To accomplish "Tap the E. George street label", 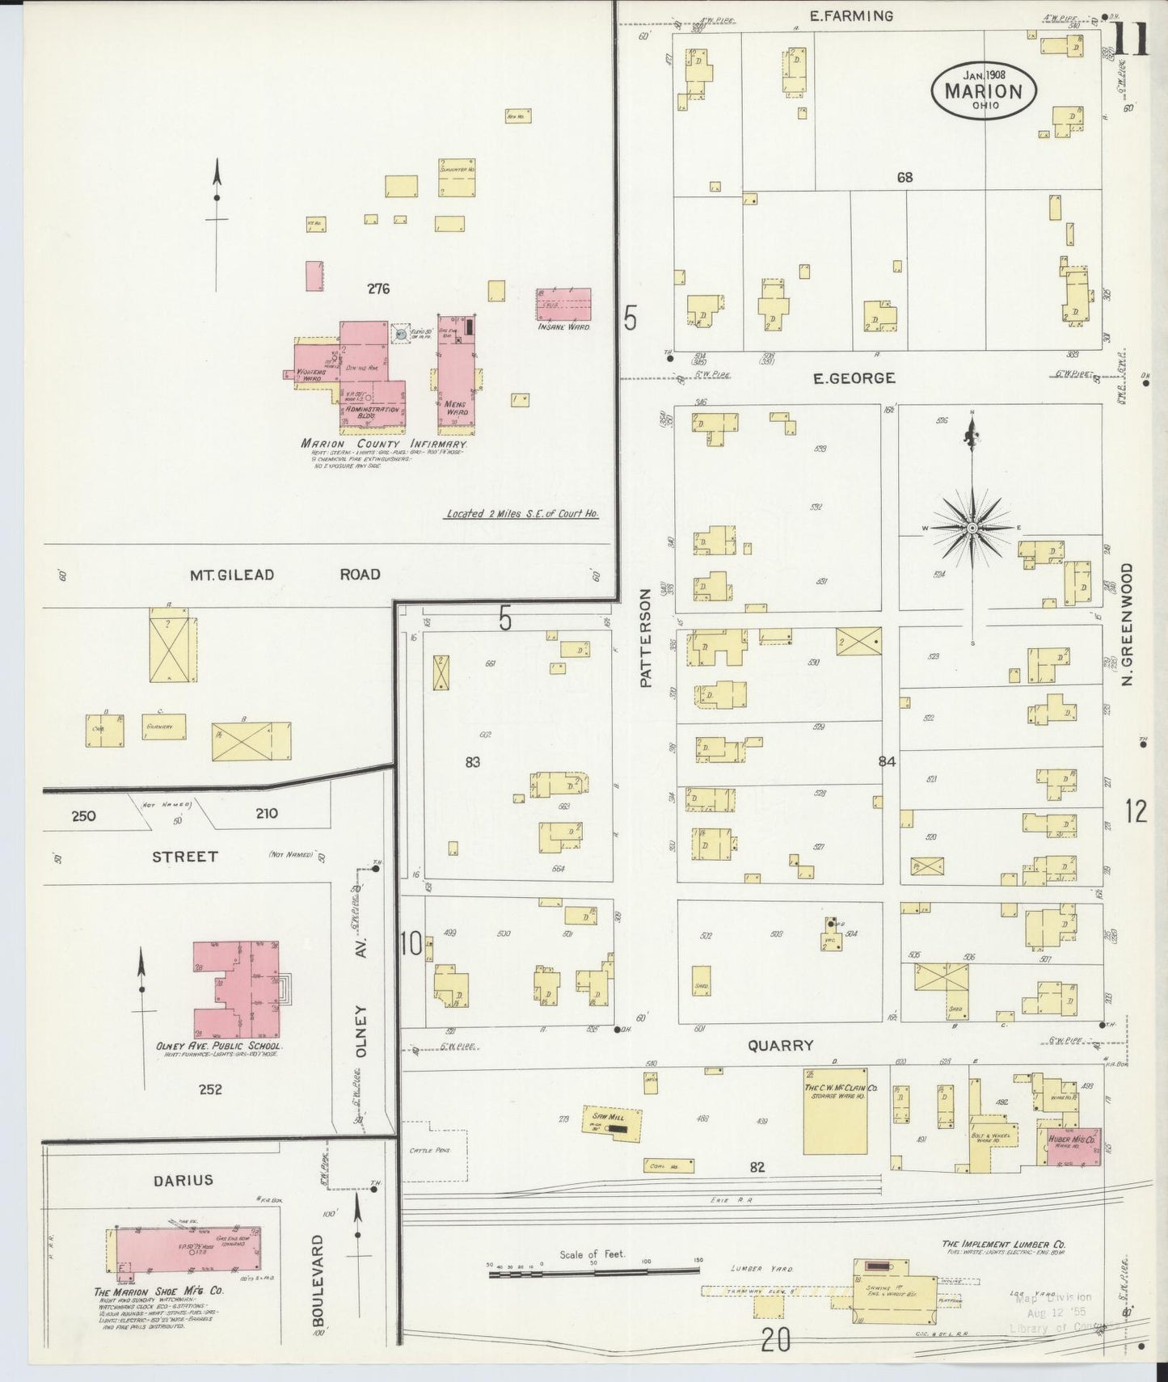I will tap(854, 378).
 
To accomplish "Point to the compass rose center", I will tap(972, 528).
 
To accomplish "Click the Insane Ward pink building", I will tap(563, 305).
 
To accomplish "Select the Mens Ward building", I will tap(454, 368).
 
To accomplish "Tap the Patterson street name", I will tap(645, 638).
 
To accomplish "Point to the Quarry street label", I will tap(780, 1045).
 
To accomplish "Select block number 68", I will tap(904, 176).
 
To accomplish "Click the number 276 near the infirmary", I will tap(378, 289).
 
